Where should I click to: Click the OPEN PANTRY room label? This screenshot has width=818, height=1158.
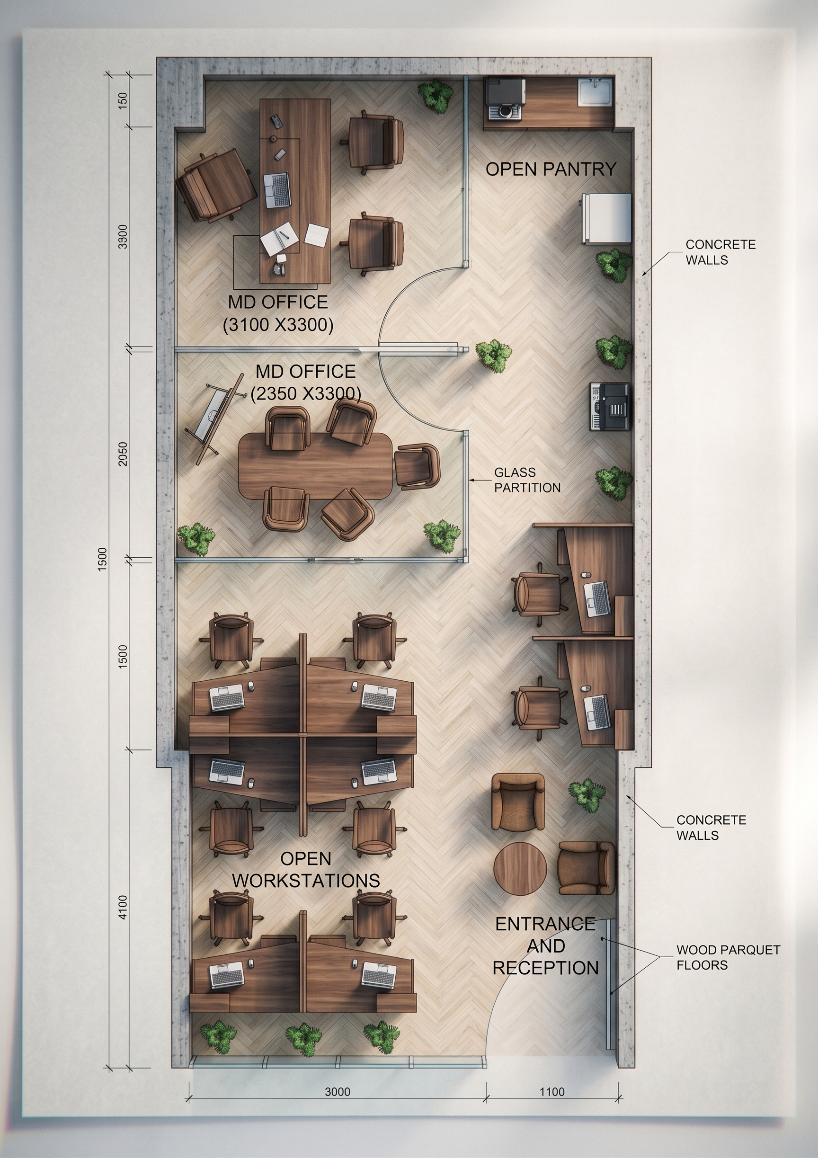point(551,169)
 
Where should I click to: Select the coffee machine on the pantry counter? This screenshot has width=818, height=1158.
point(505,98)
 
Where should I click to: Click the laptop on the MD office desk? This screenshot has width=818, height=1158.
point(277,190)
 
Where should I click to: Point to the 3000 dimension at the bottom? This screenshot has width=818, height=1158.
point(338,1091)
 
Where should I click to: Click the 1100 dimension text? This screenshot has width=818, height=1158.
point(551,1091)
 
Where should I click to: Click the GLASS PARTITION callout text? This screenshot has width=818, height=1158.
point(527,480)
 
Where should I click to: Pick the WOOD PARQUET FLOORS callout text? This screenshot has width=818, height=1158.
point(728,957)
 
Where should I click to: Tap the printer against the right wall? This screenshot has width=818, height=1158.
point(610,407)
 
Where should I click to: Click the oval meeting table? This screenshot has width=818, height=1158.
point(315,466)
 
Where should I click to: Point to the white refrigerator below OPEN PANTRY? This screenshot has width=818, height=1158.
point(607,218)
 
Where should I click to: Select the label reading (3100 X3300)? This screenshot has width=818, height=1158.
point(278,325)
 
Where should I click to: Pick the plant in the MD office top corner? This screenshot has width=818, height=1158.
point(436,95)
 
